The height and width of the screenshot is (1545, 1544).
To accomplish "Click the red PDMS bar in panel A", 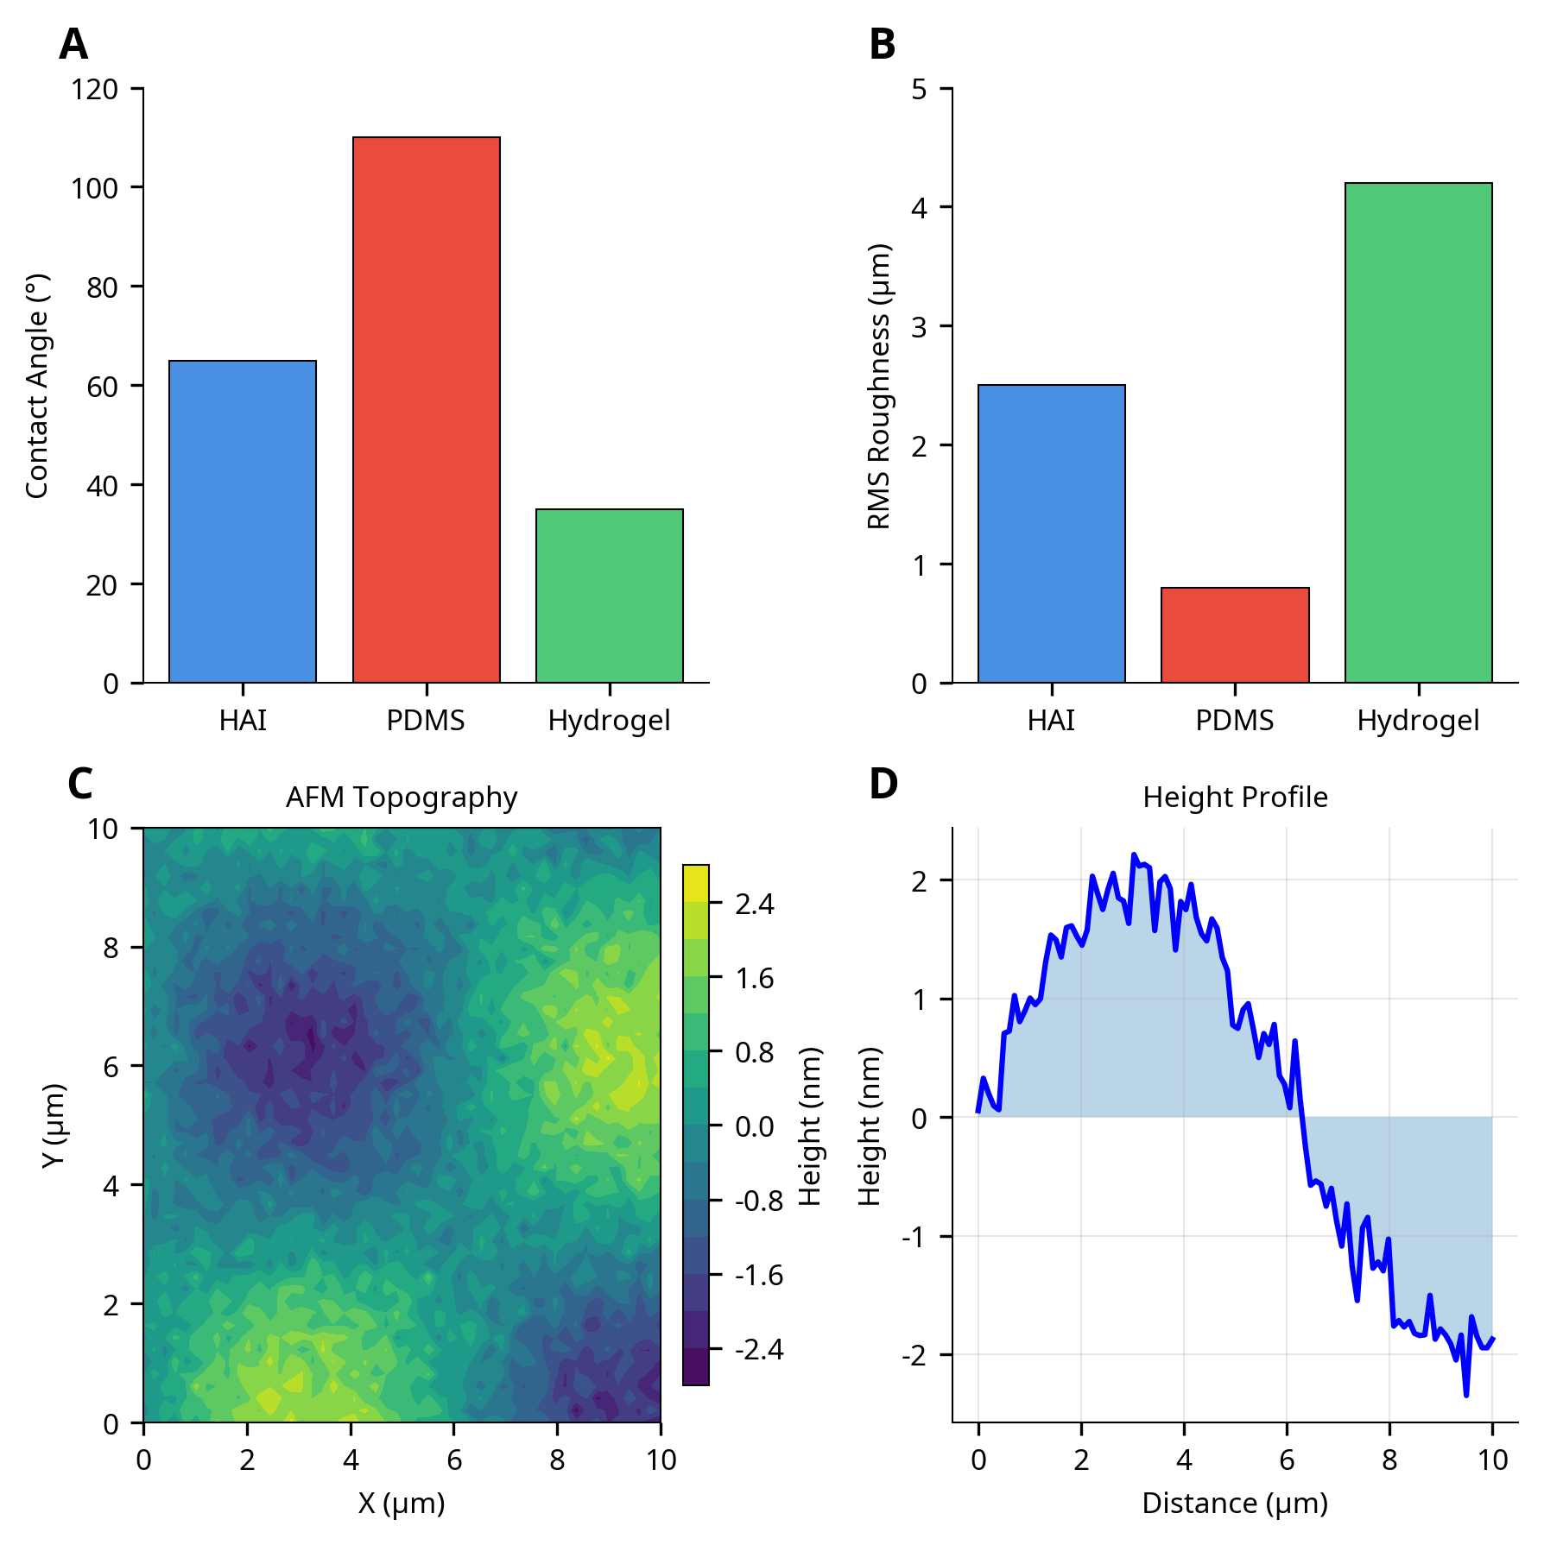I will [x=426, y=410].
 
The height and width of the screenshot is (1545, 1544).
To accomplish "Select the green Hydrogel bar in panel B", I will [x=1418, y=432].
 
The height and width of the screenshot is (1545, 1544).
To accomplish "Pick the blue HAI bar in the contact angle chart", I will [x=243, y=521].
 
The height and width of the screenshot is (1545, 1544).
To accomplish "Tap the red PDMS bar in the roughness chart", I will [x=1235, y=635].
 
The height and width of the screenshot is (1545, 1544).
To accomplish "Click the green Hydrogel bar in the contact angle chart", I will [x=609, y=596].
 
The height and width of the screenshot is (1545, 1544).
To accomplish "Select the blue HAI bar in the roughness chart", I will [x=1051, y=533].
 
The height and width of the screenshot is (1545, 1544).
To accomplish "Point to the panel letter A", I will [x=73, y=44].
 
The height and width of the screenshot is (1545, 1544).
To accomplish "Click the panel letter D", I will [x=883, y=784].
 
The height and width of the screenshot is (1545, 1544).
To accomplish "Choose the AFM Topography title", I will [x=402, y=797].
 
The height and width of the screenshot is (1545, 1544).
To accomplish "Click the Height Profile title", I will [x=1235, y=797].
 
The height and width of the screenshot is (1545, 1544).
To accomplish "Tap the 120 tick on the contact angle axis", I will [x=95, y=89].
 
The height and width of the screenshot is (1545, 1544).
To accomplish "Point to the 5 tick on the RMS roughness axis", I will [x=919, y=89].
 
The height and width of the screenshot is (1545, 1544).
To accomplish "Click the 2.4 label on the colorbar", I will [x=755, y=904].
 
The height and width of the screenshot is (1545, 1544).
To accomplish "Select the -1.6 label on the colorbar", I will [x=758, y=1275].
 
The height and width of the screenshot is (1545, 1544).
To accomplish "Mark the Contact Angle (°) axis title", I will [x=36, y=386].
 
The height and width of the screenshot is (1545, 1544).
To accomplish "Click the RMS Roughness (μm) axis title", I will [x=878, y=386].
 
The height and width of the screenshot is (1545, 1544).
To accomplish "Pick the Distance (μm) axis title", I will [x=1235, y=1503].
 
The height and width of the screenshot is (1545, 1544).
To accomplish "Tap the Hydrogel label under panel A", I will [x=609, y=720].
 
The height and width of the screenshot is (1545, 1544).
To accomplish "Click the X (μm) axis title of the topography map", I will [x=402, y=1503].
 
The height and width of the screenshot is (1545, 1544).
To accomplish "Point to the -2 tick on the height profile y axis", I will [x=914, y=1355].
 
